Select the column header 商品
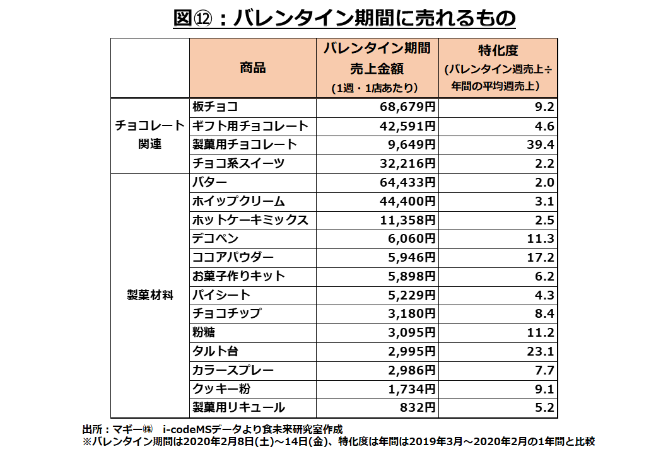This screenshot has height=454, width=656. point(252,67)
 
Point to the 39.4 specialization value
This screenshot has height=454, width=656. point(542,145)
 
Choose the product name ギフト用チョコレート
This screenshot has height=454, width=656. point(250,126)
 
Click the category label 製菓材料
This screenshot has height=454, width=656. point(150,294)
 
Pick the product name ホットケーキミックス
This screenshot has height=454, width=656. point(250,220)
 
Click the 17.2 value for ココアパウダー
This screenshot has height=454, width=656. point(542,257)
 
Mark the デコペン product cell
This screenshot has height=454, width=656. point(215,239)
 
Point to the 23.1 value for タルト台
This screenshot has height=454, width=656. point(542,351)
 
